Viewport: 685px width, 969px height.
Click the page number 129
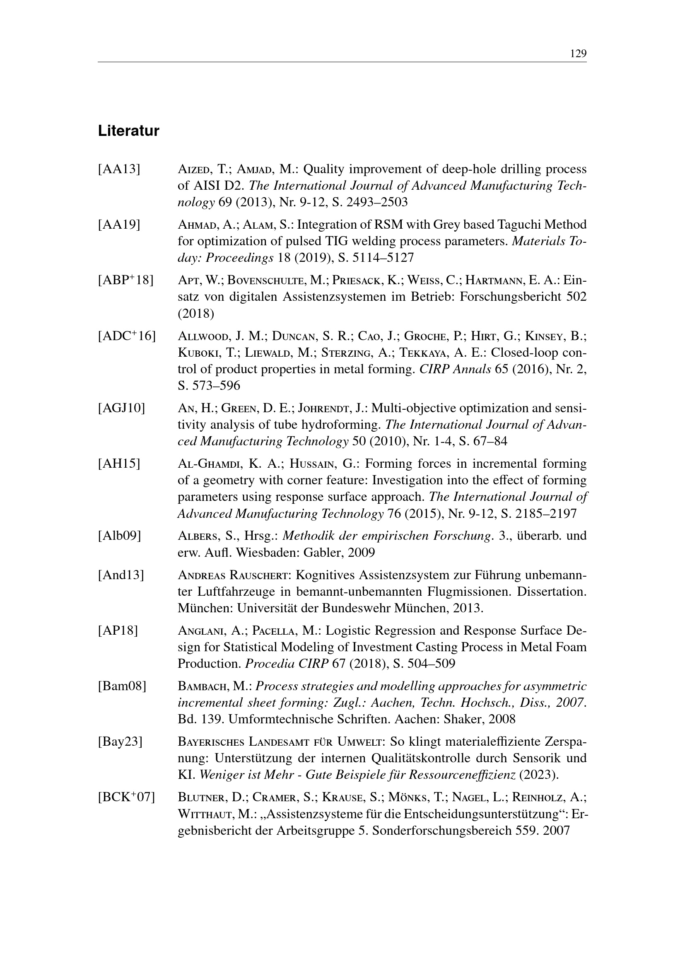click(578, 53)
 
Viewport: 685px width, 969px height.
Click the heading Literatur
click(129, 131)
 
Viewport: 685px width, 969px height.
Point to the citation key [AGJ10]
click(121, 408)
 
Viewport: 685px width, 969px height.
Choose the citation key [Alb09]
click(119, 536)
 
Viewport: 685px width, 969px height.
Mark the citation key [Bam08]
click(122, 686)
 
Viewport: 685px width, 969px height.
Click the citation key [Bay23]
click(120, 742)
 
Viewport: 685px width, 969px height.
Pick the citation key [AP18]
click(118, 631)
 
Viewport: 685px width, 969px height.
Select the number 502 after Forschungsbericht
click(576, 297)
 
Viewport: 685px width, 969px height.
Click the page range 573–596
click(215, 385)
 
